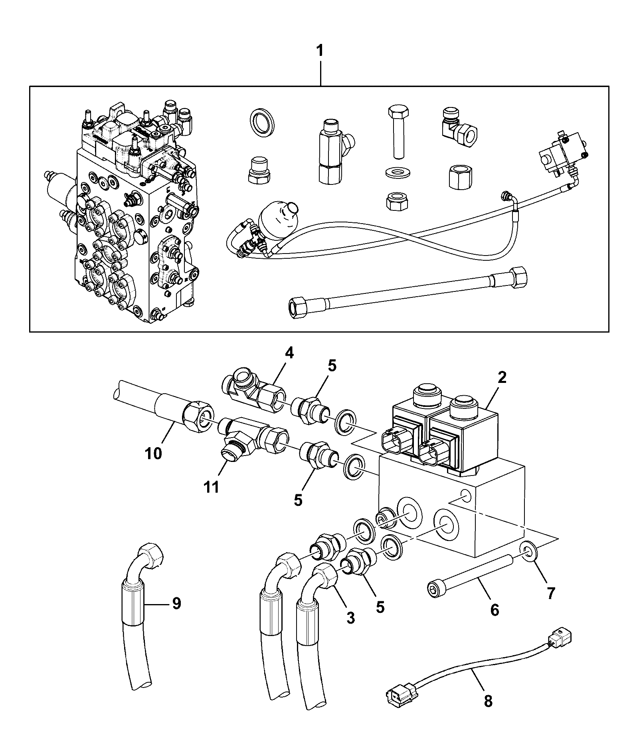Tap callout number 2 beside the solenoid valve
coord(502,377)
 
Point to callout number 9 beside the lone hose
coord(176,603)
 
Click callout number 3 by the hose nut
coord(350,618)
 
